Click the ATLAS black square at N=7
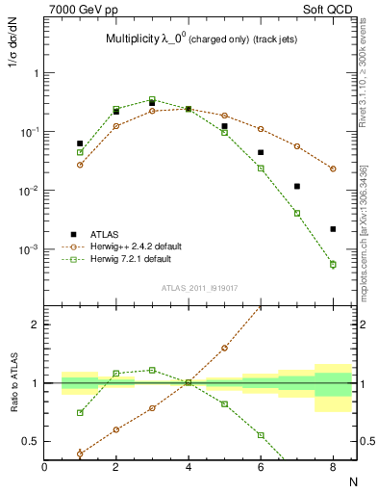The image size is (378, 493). (x=297, y=186)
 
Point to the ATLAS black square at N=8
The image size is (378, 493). (x=333, y=229)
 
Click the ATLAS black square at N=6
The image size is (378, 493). (x=261, y=152)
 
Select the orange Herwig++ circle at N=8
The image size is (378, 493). (x=333, y=169)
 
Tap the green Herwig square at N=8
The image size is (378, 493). (x=333, y=264)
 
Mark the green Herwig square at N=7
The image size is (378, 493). (x=297, y=213)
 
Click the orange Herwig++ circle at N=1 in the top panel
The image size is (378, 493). (x=80, y=165)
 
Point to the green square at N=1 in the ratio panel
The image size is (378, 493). (x=80, y=413)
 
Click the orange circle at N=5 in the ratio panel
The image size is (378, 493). (x=224, y=348)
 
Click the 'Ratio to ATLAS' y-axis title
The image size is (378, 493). (x=13, y=385)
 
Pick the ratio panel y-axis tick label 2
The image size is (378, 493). (x=34, y=324)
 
